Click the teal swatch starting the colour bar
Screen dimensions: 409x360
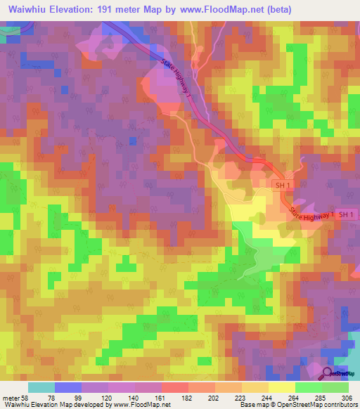click(41, 387)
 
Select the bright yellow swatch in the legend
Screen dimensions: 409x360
click(281, 387)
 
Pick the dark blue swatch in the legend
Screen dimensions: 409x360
click(68, 387)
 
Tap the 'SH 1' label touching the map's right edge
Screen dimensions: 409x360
click(347, 214)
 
